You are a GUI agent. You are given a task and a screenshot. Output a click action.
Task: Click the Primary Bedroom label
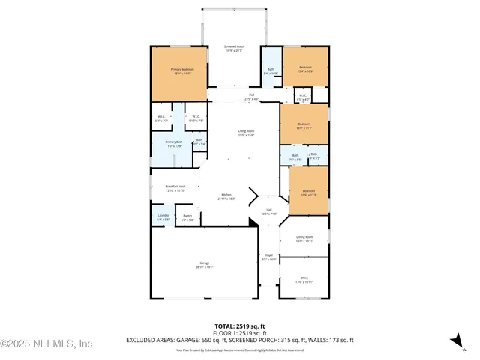(180, 70)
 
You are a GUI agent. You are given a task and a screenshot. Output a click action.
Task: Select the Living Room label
(246, 133)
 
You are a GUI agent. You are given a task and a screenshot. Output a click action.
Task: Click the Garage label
(204, 265)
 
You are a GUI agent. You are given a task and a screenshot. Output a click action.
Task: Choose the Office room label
(304, 279)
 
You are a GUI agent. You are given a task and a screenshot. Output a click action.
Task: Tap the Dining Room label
(304, 238)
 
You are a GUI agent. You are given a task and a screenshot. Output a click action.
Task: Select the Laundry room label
(163, 217)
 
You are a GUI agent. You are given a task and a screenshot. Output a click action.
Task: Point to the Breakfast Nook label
(165, 188)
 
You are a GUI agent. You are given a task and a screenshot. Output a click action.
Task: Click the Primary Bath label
(173, 143)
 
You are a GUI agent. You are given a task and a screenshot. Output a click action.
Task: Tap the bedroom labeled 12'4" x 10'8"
(305, 69)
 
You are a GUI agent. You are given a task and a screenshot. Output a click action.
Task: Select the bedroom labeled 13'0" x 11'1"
(304, 125)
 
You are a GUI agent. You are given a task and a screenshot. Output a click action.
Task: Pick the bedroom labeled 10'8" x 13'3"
(308, 192)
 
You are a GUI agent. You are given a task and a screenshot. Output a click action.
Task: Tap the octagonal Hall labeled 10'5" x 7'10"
(268, 211)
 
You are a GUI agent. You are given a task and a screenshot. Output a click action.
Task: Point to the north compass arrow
(455, 341)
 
